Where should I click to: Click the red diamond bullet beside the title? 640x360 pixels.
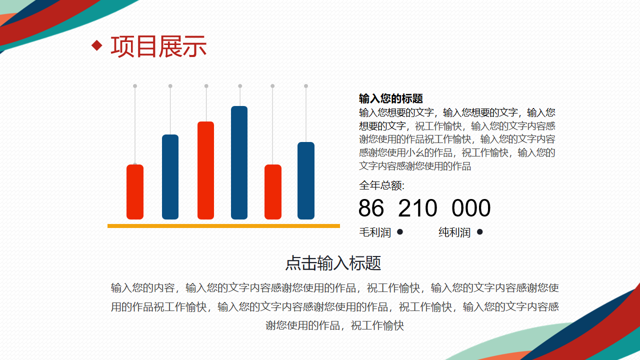97,45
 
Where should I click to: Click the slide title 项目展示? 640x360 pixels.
158,46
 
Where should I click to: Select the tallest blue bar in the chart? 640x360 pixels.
239,162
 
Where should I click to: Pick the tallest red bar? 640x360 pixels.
205,170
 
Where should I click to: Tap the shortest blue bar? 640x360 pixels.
306,180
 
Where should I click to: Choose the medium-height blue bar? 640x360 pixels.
170,177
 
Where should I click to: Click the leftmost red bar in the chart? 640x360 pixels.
135,191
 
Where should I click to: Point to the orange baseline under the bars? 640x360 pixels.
223,226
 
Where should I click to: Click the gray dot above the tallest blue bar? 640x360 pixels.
240,86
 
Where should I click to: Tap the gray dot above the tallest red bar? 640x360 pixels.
206,86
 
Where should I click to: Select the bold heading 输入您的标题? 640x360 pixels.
391,98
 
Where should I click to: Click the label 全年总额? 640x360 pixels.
381,185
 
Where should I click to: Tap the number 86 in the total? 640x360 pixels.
371,207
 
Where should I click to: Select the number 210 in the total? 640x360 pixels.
417,207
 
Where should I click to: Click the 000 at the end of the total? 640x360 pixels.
471,207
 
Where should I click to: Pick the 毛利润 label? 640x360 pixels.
375,232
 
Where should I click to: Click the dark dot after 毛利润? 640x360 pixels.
400,232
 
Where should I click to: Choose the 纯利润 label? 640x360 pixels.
454,232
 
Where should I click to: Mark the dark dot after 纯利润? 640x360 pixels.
479,232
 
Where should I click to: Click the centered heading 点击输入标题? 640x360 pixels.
333,263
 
